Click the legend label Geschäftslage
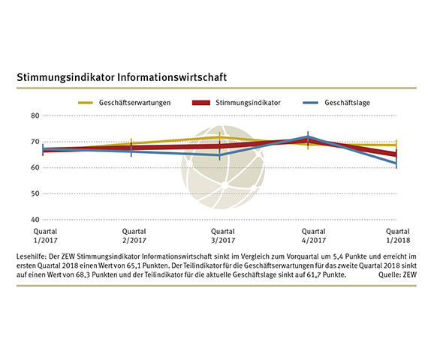[350, 102]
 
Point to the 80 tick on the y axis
[34, 115]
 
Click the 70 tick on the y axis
[34, 142]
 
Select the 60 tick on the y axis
[34, 167]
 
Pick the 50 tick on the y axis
[34, 193]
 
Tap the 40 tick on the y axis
[34, 219]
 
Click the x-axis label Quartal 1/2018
[396, 235]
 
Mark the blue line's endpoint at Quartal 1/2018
[396, 163]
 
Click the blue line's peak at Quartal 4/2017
[308, 136]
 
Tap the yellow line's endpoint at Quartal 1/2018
[396, 145]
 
